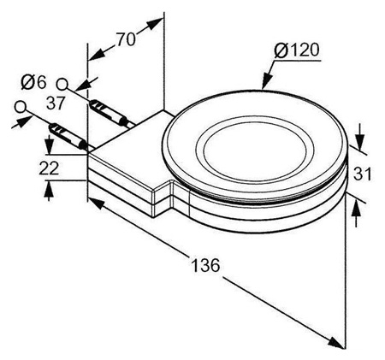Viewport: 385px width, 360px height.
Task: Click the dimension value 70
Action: pos(126,39)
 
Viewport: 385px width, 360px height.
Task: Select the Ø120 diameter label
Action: pos(297,50)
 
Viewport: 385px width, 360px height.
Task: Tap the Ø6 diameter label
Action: pos(33,82)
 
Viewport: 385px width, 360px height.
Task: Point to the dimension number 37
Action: pos(56,103)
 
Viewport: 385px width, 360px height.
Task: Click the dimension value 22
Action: pos(49,168)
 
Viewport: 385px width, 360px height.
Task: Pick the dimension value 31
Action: pos(362,174)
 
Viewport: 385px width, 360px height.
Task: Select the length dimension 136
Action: pos(205,265)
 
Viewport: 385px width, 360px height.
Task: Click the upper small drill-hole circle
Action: pos(62,85)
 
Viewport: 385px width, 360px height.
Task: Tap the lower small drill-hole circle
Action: pos(21,107)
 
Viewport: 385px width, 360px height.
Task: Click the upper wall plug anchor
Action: pos(110,112)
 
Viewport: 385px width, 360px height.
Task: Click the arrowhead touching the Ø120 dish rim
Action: pos(266,80)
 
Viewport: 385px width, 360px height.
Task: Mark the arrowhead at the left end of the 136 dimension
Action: pos(96,203)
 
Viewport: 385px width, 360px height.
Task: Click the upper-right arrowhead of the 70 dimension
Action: pos(155,24)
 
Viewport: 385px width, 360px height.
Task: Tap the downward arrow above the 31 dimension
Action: pos(360,137)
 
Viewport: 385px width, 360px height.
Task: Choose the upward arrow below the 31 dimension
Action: pos(356,214)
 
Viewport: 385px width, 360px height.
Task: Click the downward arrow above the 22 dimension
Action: pos(50,145)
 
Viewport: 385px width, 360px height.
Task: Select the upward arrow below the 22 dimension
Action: pos(49,191)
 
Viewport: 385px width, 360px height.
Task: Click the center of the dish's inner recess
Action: pos(255,151)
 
